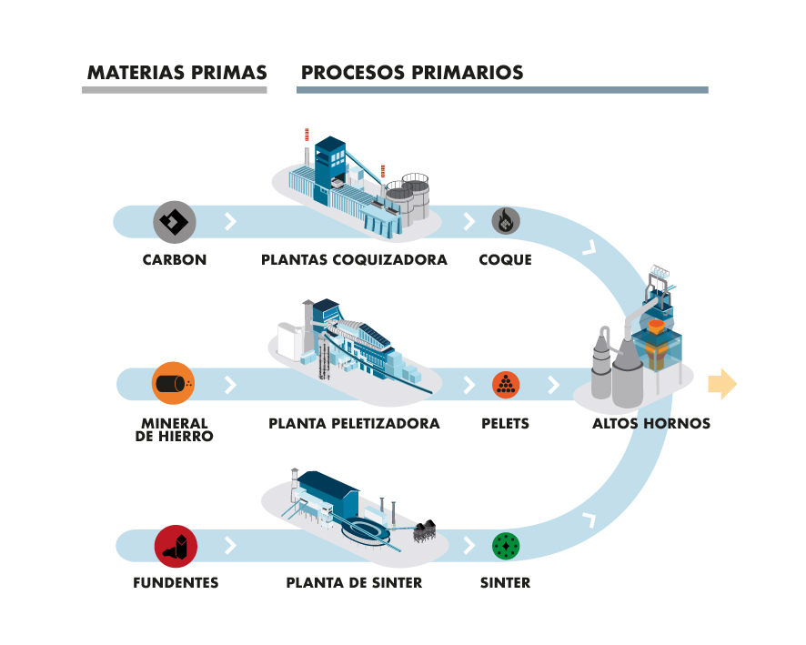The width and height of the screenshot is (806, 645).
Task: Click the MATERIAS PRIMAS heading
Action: pos(176,73)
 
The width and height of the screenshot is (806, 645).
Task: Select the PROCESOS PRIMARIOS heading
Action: pos(412,73)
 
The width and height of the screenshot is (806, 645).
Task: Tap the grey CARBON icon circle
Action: pos(175,221)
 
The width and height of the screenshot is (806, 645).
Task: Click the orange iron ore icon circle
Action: pos(174,383)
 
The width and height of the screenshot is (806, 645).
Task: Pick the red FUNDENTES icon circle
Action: pos(176,546)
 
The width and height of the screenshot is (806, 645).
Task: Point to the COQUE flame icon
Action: pos(506,221)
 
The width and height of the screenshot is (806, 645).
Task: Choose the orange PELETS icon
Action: pos(506,384)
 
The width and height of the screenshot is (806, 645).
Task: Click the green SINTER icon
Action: pos(506,546)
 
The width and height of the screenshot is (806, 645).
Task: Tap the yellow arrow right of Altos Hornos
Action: pos(721,384)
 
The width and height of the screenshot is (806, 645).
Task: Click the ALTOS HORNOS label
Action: pos(650,424)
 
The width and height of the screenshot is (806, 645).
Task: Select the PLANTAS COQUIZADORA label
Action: pos(354,260)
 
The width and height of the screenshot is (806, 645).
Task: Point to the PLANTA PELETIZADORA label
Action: pos(354,424)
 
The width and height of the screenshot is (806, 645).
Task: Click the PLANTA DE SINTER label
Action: pos(354,582)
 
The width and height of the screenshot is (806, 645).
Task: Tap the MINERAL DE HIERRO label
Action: pos(176,429)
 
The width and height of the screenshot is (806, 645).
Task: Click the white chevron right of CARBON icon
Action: pos(230,221)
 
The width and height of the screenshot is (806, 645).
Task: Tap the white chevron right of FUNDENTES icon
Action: pos(230,546)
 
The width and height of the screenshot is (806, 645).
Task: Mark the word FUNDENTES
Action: pos(176,582)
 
